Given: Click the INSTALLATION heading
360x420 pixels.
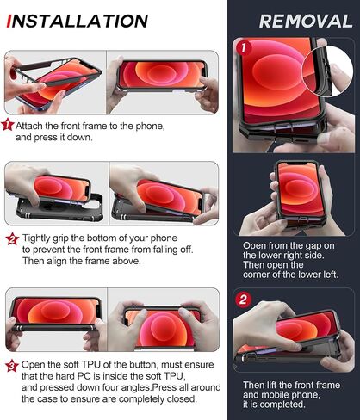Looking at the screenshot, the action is pyautogui.click(x=77, y=22).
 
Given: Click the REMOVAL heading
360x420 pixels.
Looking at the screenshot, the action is pyautogui.click(x=306, y=22).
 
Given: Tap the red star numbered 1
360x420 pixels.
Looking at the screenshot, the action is pyautogui.click(x=8, y=125).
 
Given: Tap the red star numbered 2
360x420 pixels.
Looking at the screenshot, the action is pyautogui.click(x=13, y=239).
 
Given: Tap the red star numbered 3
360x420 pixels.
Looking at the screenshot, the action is pyautogui.click(x=12, y=366).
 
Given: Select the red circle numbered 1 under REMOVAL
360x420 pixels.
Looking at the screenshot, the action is pyautogui.click(x=244, y=47).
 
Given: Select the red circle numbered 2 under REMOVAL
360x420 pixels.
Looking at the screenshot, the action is pyautogui.click(x=243, y=300).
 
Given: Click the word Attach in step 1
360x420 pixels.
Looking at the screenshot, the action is pyautogui.click(x=29, y=126).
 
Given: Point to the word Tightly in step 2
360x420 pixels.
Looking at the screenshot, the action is pyautogui.click(x=36, y=238).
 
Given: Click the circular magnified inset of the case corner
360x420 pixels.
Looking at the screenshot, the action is pyautogui.click(x=328, y=71).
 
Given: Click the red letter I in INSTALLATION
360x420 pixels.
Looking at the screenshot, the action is pyautogui.click(x=9, y=22).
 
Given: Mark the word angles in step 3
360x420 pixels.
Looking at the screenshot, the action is pyautogui.click(x=135, y=388).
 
